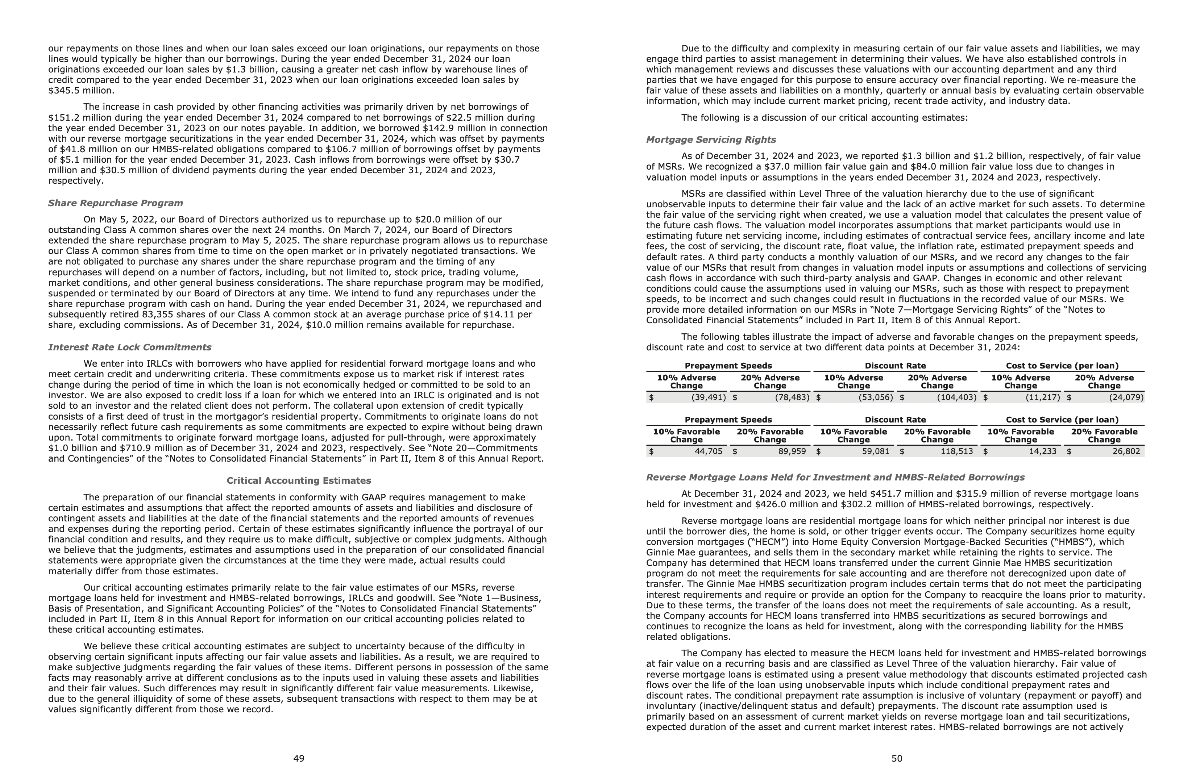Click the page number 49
(299, 758)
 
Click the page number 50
(897, 758)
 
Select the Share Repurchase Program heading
(116, 203)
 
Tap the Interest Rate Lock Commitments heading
(130, 347)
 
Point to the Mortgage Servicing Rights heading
(711, 139)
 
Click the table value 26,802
(1125, 451)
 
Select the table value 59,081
(875, 451)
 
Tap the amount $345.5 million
(81, 91)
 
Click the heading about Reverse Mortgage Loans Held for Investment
(835, 477)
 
